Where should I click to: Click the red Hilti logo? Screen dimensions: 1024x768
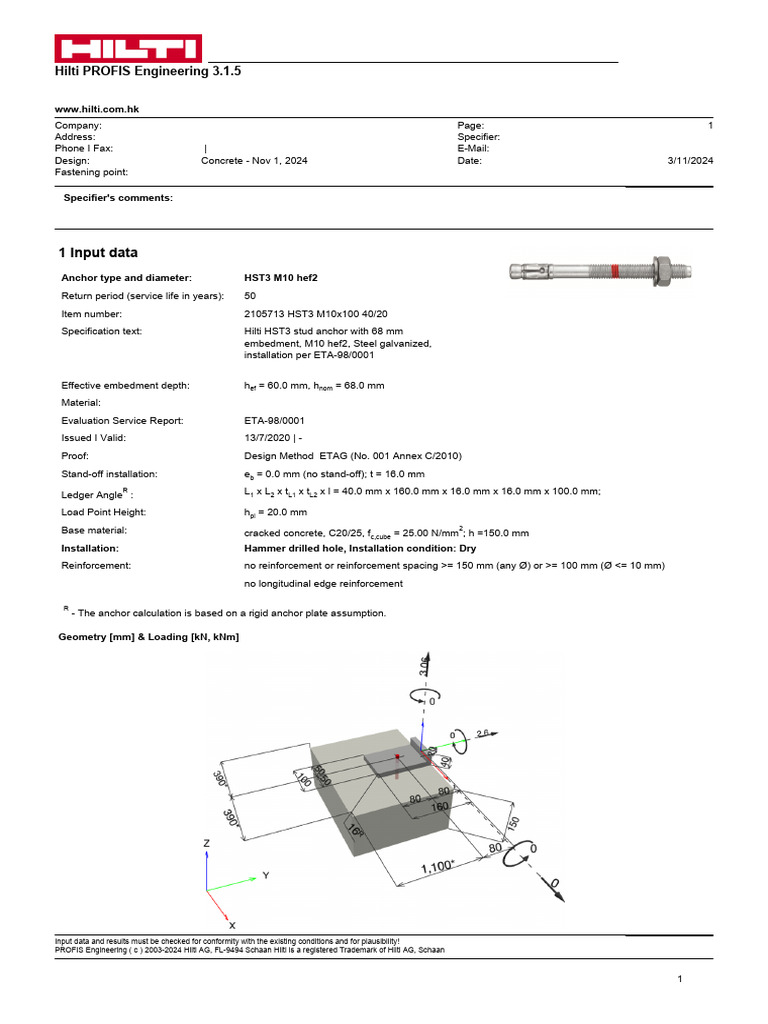coord(127,48)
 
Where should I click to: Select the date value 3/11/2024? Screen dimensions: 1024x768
coord(689,160)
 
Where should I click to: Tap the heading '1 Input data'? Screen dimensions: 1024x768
coord(98,253)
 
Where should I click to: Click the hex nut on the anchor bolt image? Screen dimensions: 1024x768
coord(661,270)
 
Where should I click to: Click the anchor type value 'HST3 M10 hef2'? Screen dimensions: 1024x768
coord(286,277)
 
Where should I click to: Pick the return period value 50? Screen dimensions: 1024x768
coord(250,295)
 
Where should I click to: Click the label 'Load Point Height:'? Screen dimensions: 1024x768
coord(104,512)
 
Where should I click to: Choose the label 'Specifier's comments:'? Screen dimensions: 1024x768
coord(118,198)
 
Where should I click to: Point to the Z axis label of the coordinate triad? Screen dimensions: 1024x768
coord(207,843)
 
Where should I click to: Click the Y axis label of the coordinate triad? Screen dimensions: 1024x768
coord(265,876)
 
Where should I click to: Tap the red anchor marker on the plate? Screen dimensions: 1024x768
coord(397,757)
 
